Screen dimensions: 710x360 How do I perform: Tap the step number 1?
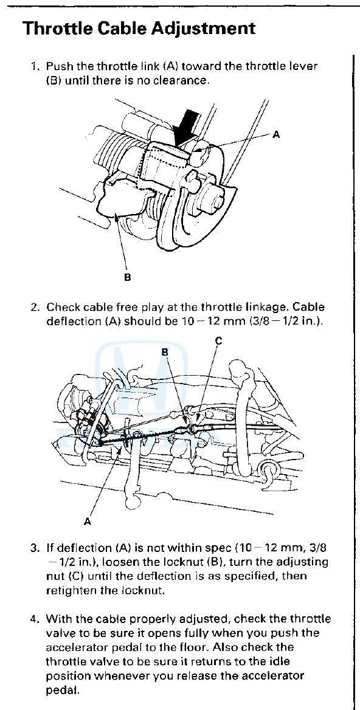pyautogui.click(x=35, y=66)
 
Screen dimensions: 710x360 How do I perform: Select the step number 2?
pyautogui.click(x=35, y=308)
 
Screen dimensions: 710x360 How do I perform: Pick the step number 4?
pyautogui.click(x=35, y=619)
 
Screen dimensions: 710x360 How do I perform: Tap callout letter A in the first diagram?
pyautogui.click(x=276, y=135)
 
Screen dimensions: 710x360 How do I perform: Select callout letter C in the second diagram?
pyautogui.click(x=218, y=342)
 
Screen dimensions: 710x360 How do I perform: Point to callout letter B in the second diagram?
pyautogui.click(x=165, y=351)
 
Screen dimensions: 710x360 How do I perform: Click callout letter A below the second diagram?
pyautogui.click(x=88, y=521)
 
